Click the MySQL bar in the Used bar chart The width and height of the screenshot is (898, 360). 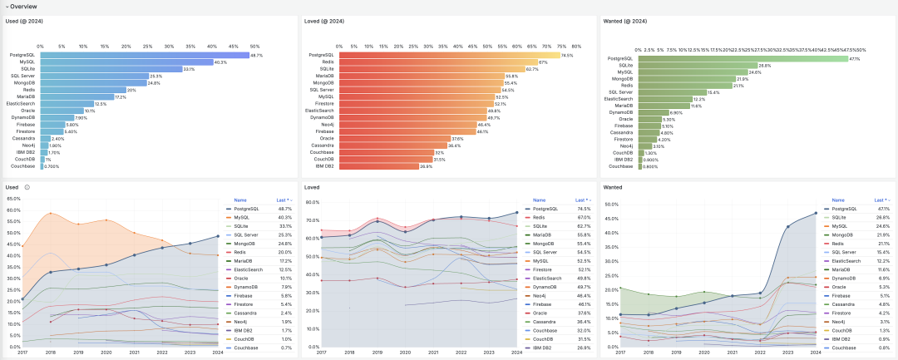125,62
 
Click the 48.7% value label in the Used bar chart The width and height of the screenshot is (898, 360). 256,56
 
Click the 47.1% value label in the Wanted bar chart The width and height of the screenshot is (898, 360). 855,58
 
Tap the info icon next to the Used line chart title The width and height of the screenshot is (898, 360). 27,187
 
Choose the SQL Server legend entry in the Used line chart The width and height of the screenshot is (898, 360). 247,235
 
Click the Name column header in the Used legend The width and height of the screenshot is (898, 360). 240,200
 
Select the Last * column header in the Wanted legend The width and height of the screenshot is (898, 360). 881,200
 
